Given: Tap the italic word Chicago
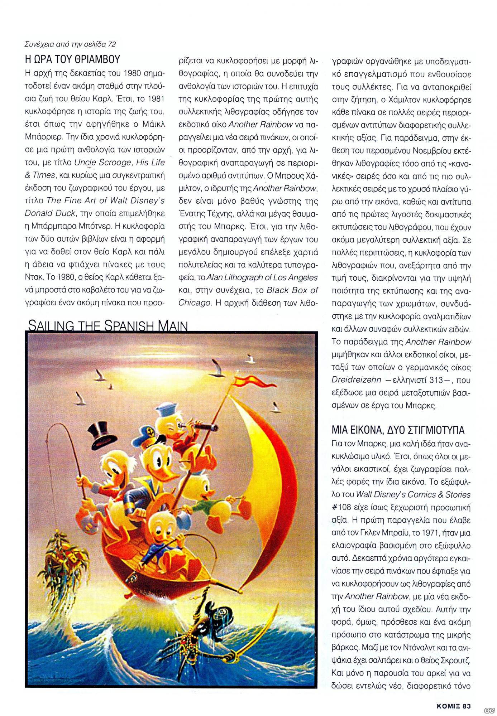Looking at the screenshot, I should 194,303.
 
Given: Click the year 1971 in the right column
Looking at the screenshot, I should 431,533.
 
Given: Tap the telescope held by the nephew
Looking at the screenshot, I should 199,426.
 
